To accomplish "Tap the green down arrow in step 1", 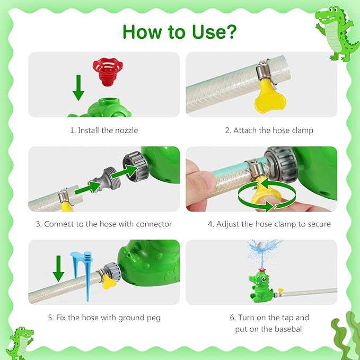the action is tap(78, 87).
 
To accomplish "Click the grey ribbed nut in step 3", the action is tap(135, 166).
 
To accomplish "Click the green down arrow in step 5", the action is tap(58, 268).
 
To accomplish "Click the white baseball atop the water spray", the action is tap(262, 246).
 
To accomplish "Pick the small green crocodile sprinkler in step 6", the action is tap(261, 286).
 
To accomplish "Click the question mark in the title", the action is tap(229, 31).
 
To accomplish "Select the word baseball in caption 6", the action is tap(289, 329).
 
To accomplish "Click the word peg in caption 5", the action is tap(154, 318).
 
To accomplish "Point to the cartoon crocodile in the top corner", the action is tap(336, 33).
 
